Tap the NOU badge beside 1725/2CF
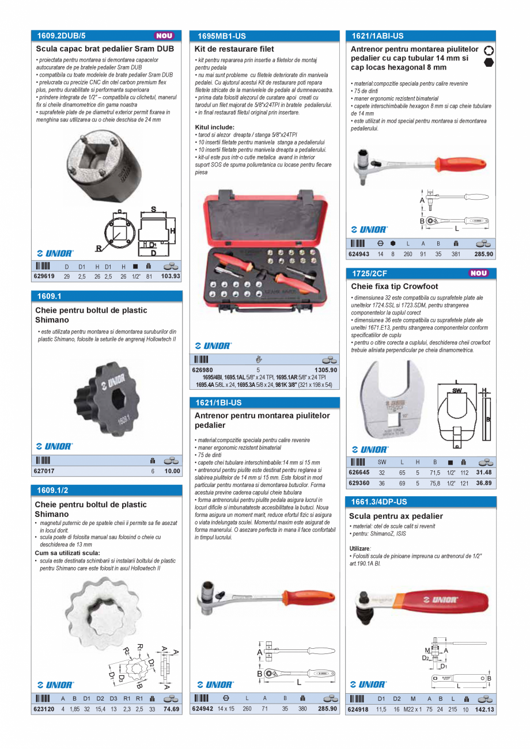point(478,273)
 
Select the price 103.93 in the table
point(171,276)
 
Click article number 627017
point(44,470)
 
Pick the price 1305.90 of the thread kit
point(325,370)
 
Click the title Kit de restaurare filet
point(234,50)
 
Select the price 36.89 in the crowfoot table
point(484,483)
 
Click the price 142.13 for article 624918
point(484,709)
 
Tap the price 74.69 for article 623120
point(171,709)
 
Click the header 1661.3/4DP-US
point(378,502)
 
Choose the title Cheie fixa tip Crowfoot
point(395,287)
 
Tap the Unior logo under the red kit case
point(213,346)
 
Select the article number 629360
point(359,483)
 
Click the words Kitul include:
point(214,127)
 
